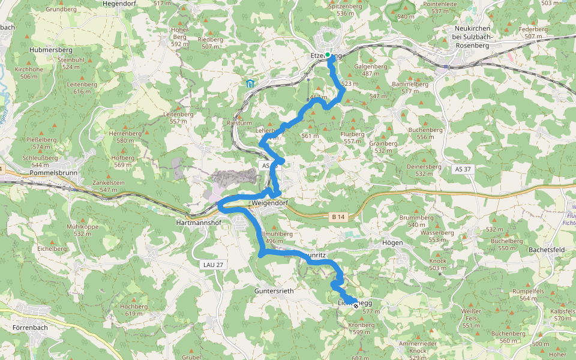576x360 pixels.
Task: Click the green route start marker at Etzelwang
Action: point(328,56)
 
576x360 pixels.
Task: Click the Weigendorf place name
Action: point(270,203)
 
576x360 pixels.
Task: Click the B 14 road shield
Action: point(338,216)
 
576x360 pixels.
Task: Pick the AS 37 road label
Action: point(463,169)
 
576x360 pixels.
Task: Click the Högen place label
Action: point(392,242)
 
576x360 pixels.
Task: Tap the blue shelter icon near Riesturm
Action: point(249,83)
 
